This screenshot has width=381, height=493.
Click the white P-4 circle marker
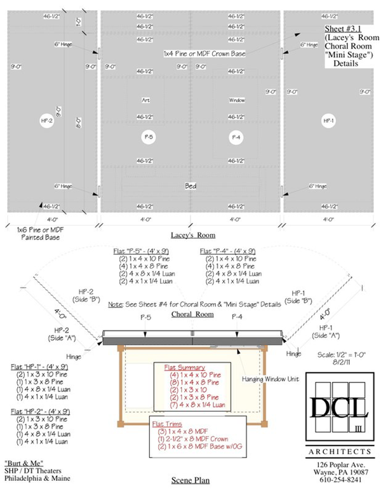[x=236, y=137]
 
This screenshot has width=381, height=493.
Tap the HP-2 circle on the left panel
[x=46, y=119]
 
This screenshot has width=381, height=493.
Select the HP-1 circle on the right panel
[x=328, y=119]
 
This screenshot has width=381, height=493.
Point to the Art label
[x=146, y=100]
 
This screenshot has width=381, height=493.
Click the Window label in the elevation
[x=236, y=100]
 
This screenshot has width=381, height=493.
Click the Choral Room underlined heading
[x=192, y=314]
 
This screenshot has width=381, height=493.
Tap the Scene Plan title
[x=190, y=480]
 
